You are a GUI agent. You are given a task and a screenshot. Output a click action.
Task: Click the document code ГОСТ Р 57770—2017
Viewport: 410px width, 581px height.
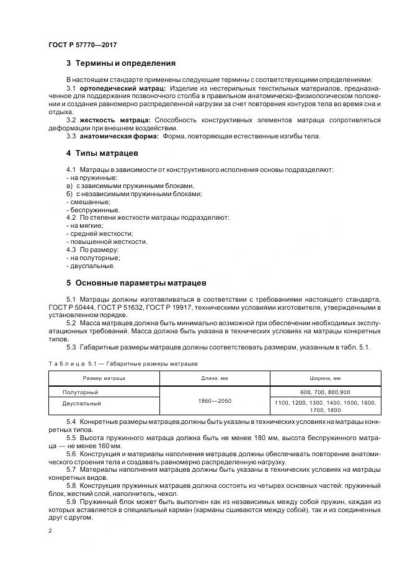82,45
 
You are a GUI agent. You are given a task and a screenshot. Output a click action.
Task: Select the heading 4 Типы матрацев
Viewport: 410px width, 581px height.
102,153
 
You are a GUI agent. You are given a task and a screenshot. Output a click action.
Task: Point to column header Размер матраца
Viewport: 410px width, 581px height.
104,378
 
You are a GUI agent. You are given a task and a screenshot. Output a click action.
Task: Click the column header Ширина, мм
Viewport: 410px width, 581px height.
325,378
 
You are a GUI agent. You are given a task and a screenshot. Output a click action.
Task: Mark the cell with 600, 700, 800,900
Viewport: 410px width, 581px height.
325,392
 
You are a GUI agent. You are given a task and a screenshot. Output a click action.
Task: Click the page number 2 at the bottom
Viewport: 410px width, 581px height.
50,531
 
